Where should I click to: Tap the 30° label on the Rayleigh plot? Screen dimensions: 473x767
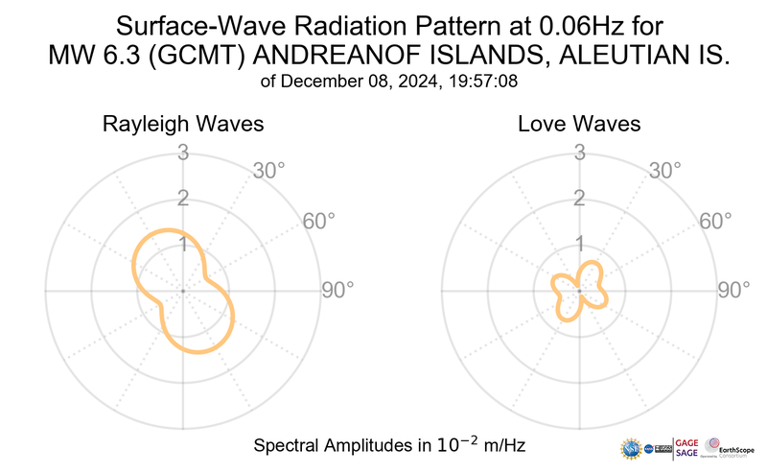[269, 171]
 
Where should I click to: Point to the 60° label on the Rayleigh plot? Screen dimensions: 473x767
[319, 221]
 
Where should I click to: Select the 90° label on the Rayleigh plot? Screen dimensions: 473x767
[337, 290]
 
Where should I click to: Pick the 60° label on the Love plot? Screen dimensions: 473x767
[716, 221]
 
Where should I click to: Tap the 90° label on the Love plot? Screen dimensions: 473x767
[734, 290]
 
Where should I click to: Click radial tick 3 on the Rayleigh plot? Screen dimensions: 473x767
[182, 152]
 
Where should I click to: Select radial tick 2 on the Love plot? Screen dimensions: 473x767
[579, 199]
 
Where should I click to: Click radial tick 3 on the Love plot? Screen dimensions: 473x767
[579, 152]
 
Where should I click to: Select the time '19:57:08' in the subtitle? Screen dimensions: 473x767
[485, 83]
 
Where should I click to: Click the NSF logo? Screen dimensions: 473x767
[631, 448]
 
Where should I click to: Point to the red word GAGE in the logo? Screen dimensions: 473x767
[688, 441]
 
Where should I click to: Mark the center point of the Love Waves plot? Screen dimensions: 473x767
[579, 290]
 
